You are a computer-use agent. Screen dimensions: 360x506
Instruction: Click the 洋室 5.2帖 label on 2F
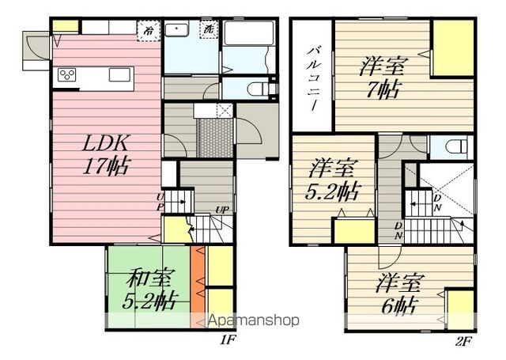click(333, 180)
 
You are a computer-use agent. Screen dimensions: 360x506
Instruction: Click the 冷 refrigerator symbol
click(149, 29)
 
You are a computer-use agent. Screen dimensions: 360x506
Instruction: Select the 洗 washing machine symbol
click(209, 29)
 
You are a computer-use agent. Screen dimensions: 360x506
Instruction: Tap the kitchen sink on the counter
click(120, 75)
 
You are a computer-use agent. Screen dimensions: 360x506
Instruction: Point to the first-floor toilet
click(255, 86)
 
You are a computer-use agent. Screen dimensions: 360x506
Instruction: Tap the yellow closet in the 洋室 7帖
click(452, 48)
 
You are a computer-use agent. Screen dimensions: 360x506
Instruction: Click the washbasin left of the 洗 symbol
click(177, 31)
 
